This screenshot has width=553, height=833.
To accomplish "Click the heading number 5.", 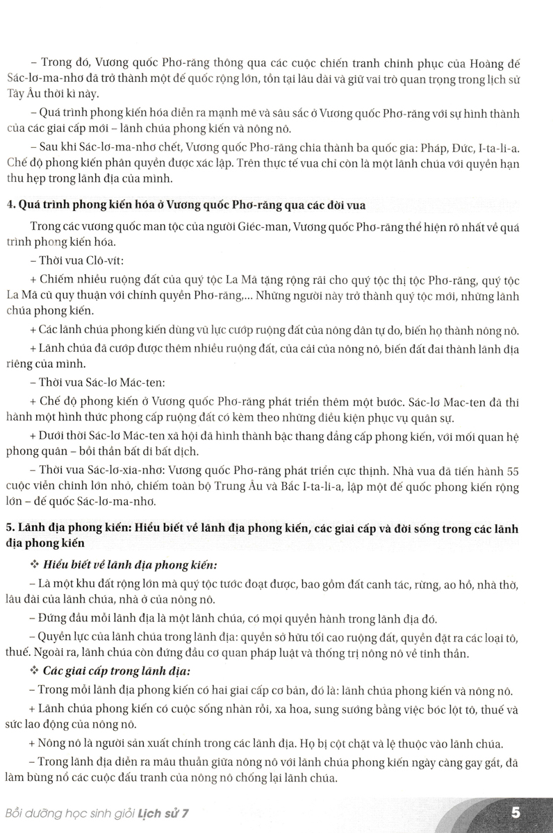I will (x=27, y=530).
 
